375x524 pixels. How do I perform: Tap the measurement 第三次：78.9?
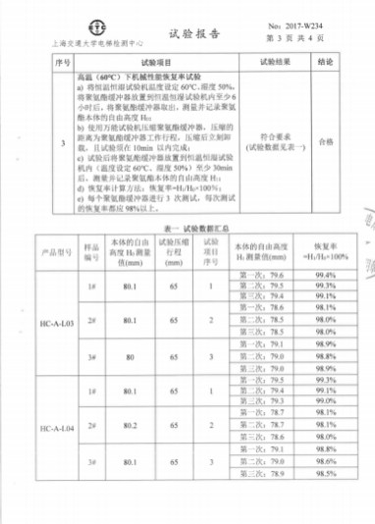coord(262,499)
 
